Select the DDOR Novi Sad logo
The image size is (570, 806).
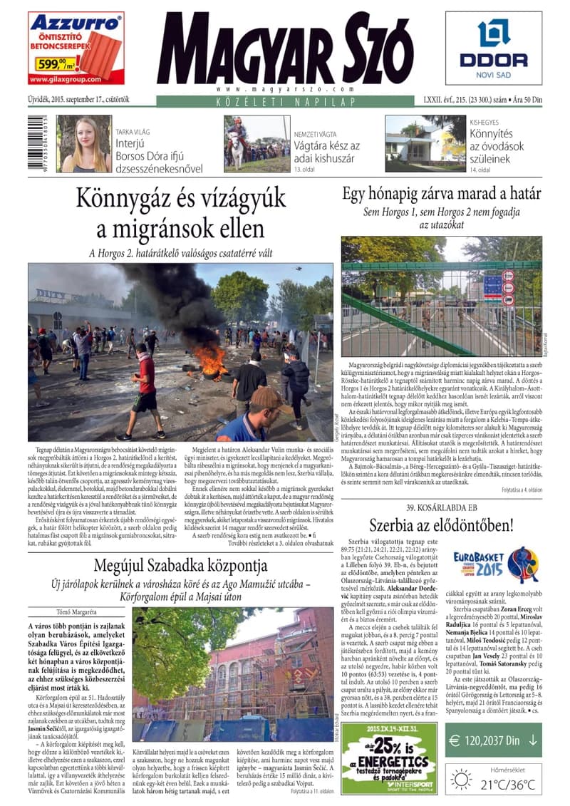[493, 48]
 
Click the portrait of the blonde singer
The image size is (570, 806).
[84, 144]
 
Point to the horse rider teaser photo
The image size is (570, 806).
[256, 144]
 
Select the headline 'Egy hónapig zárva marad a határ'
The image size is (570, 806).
[441, 193]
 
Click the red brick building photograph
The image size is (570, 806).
[233, 676]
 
